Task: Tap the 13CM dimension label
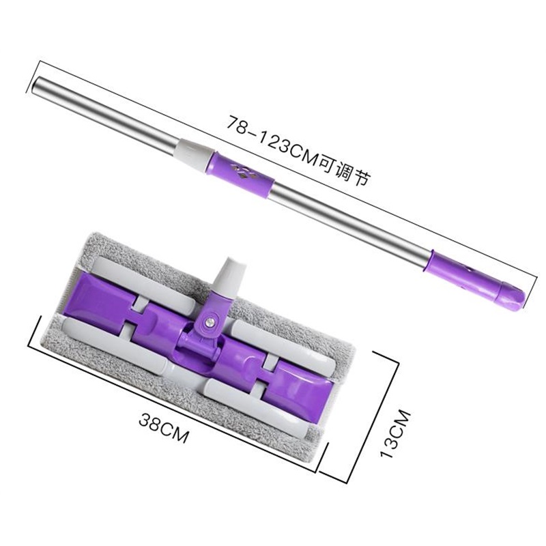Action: [x=396, y=434]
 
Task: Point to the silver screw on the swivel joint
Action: [x=210, y=322]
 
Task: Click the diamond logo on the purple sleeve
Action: [x=244, y=171]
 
